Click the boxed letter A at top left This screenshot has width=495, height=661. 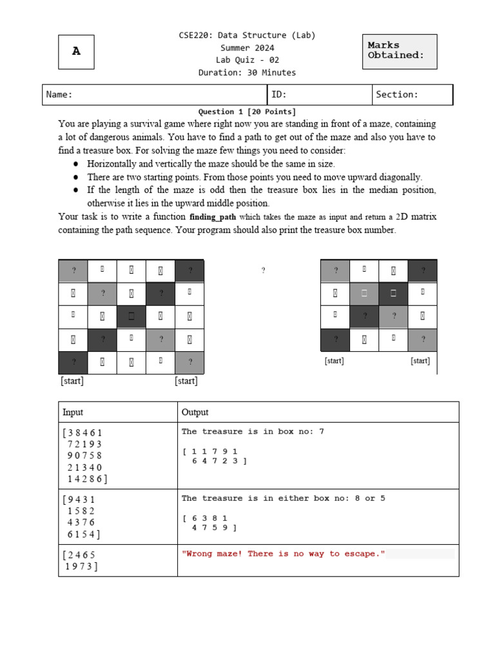click(x=76, y=52)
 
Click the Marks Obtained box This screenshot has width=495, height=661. click(x=400, y=51)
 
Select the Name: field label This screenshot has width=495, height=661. click(x=59, y=95)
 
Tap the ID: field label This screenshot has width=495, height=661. click(x=279, y=95)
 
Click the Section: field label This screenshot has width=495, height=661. click(x=397, y=95)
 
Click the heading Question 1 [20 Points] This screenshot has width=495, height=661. click(x=247, y=112)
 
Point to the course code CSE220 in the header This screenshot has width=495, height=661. click(x=196, y=36)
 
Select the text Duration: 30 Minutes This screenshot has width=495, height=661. click(x=247, y=72)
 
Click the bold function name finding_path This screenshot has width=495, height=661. click(x=213, y=217)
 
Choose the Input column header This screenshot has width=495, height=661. click(x=73, y=412)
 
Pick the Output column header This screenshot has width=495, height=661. click(x=195, y=412)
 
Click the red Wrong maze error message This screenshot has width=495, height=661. click(x=284, y=554)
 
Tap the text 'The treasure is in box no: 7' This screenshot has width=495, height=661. click(x=253, y=431)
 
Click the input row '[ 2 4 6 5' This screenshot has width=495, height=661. click(x=81, y=554)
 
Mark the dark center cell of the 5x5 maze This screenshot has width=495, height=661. click(x=131, y=316)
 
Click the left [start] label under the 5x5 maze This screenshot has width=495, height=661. click(x=72, y=381)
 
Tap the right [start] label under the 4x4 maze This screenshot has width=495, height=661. click(x=420, y=361)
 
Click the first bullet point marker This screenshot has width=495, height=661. click(x=75, y=165)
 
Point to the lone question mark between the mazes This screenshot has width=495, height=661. click(x=263, y=271)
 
